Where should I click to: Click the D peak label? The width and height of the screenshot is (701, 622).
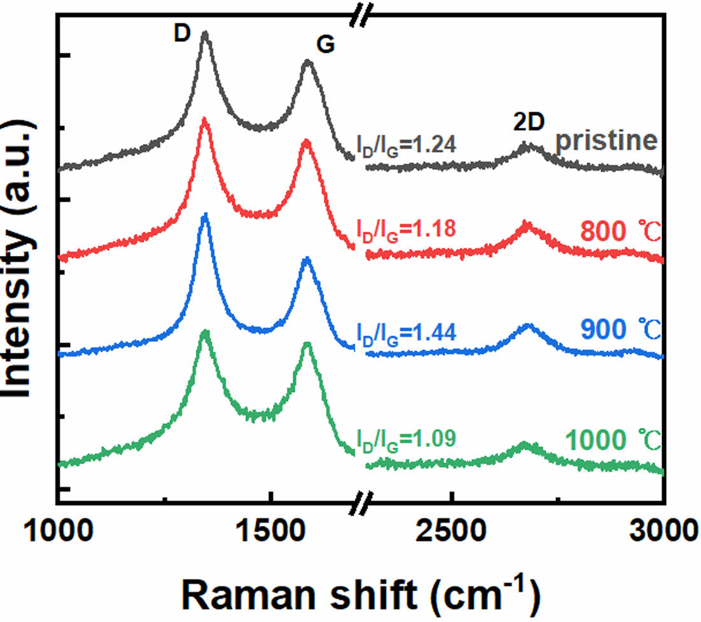tap(182, 35)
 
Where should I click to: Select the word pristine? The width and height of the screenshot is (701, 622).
tap(606, 141)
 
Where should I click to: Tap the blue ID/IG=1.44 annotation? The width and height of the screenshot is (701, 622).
tap(405, 332)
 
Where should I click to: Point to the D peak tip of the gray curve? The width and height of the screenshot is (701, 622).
tap(205, 33)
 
